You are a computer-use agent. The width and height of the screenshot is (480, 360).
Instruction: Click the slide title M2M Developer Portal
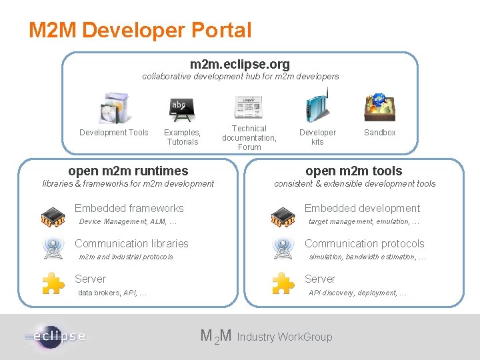[140, 30]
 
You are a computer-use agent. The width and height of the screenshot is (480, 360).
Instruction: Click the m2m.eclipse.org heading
[240, 64]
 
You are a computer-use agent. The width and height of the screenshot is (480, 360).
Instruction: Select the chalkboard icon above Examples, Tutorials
[181, 109]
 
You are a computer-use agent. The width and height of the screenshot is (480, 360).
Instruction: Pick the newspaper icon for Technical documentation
[249, 107]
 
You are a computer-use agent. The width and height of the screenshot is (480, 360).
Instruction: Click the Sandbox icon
[379, 107]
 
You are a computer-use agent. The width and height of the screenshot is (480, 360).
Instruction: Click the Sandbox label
[379, 133]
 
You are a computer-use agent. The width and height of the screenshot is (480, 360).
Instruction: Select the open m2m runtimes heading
[128, 171]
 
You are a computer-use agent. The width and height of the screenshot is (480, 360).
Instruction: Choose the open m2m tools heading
[354, 171]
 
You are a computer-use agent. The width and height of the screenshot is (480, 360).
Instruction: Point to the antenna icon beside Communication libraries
[53, 248]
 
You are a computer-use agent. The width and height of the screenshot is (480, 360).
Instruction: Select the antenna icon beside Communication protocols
[283, 248]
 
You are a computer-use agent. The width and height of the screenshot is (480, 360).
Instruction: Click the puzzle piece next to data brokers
[53, 283]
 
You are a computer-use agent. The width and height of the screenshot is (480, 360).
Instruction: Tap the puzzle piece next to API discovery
[283, 283]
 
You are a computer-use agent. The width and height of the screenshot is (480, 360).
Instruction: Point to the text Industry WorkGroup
[284, 337]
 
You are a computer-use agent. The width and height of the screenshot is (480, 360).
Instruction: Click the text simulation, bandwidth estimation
[367, 257]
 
